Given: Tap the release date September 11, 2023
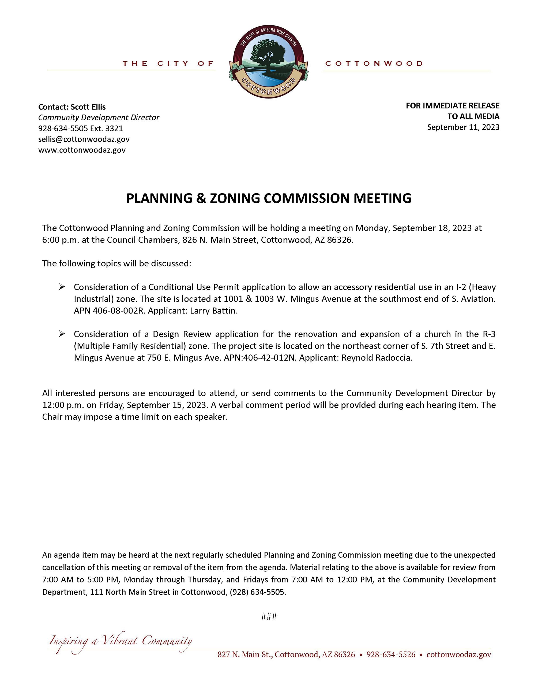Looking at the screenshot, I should tap(463, 127).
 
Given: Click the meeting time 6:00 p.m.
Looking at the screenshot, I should tap(60, 240).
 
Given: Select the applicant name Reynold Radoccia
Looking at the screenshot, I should tap(377, 358).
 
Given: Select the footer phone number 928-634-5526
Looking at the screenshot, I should tap(391, 655).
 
